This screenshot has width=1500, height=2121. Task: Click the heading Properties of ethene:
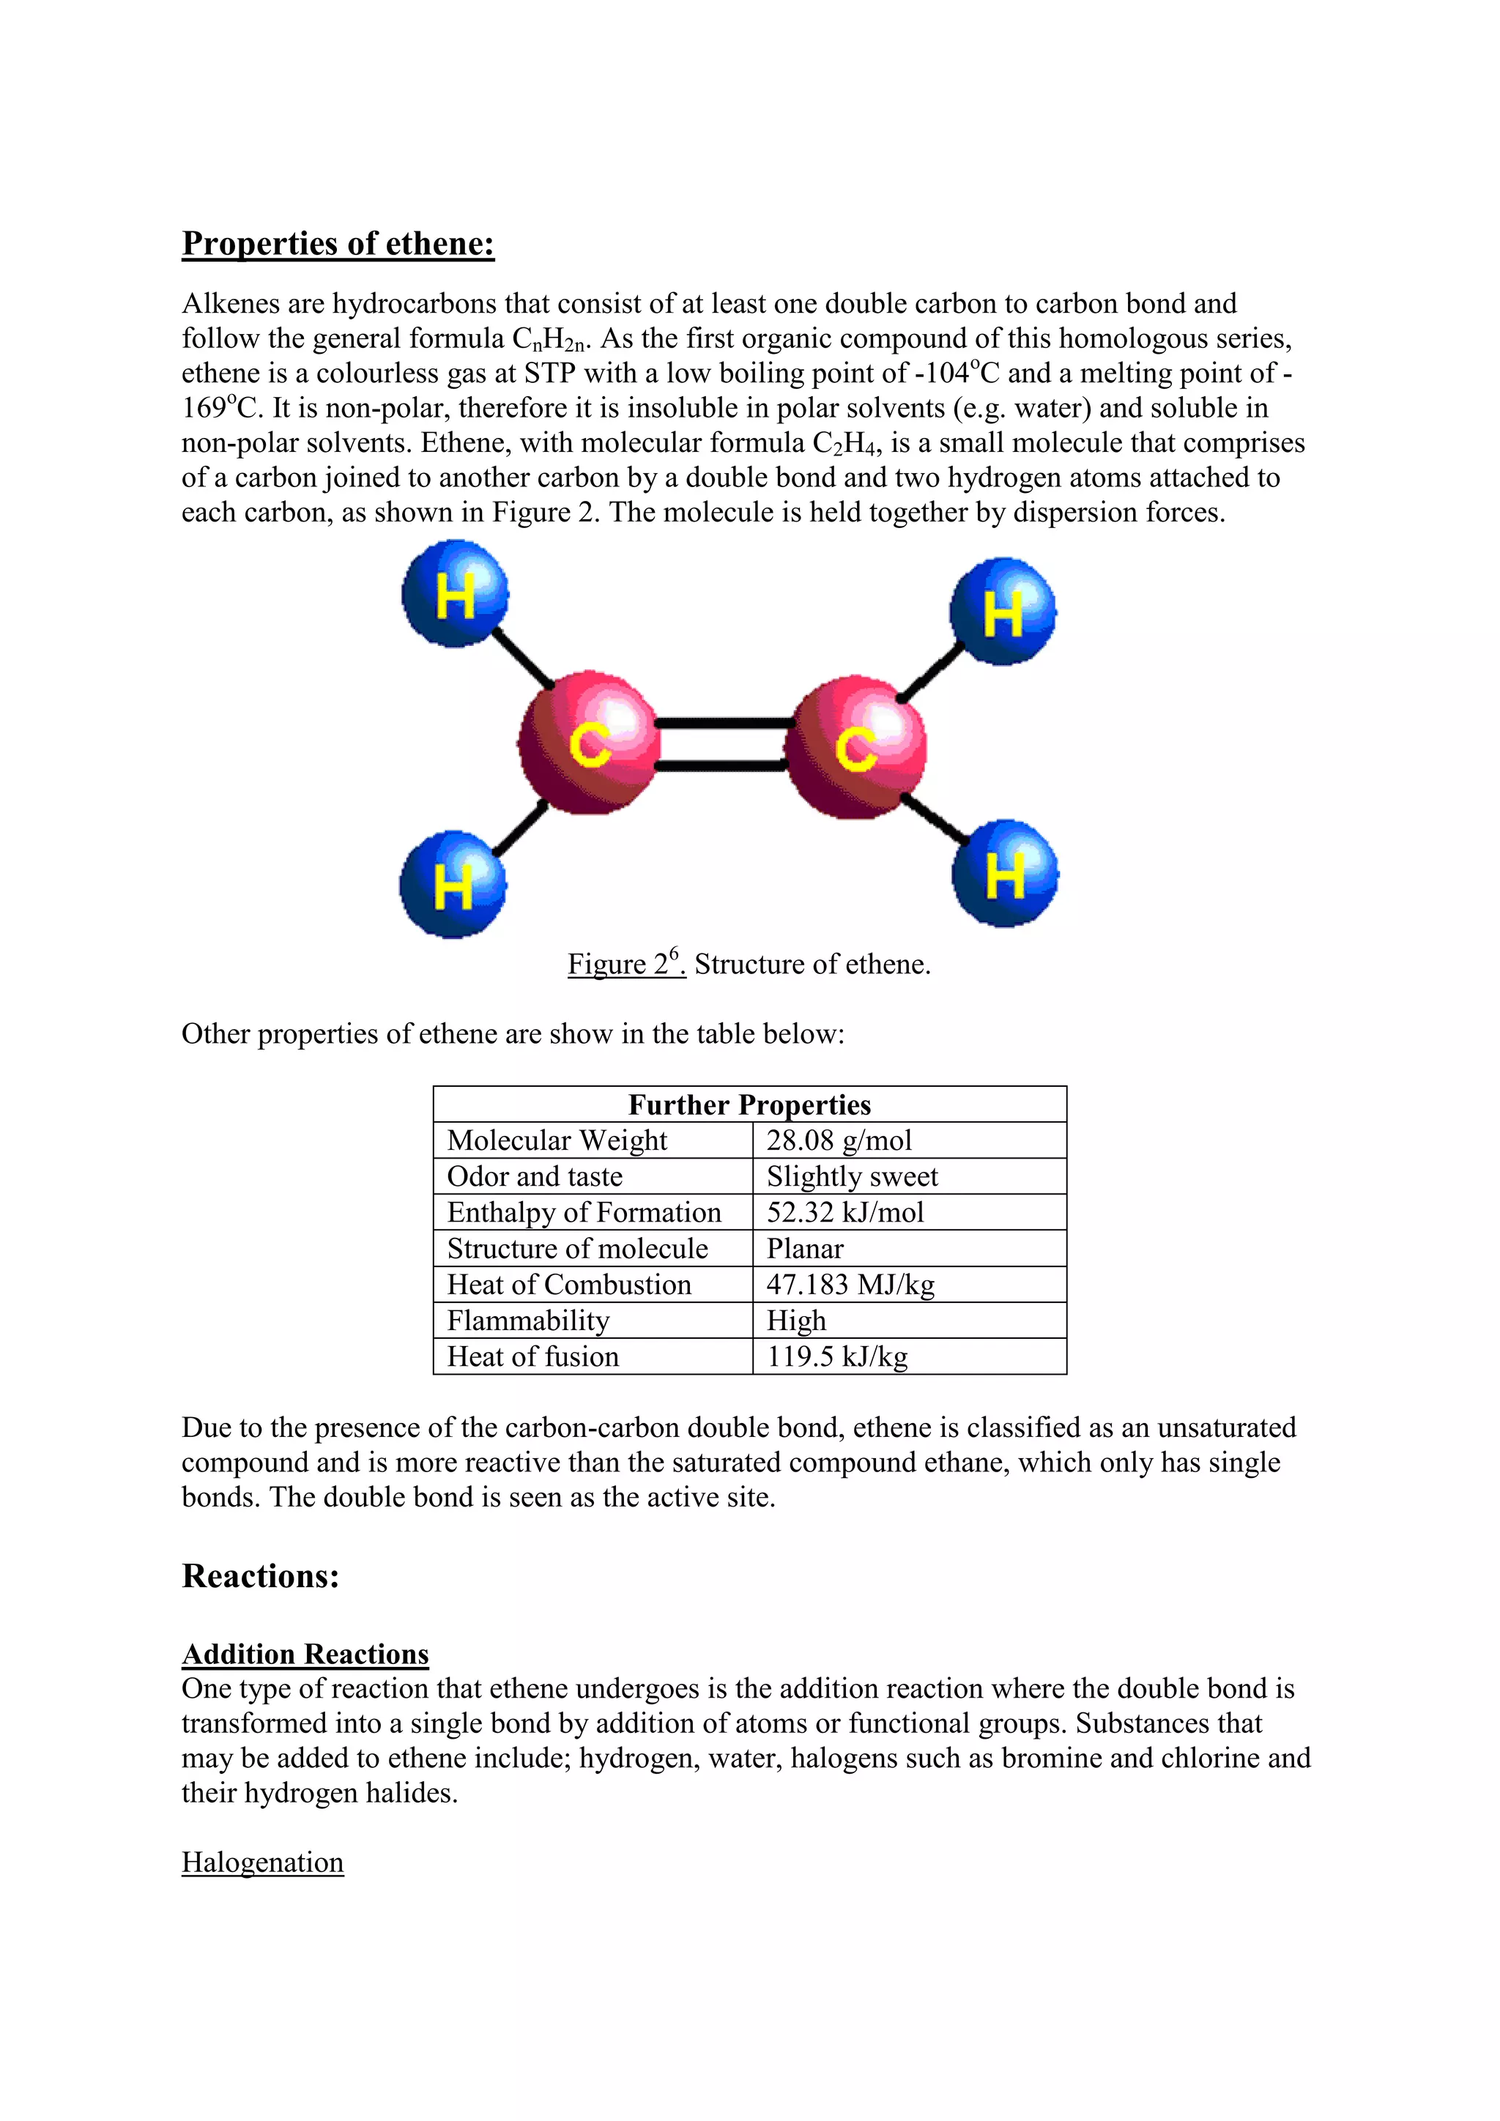pyautogui.click(x=338, y=244)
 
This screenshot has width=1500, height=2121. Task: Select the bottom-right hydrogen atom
pyautogui.click(x=1005, y=874)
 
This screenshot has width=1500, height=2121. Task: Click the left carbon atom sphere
pyautogui.click(x=588, y=745)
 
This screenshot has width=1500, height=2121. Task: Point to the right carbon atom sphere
pyautogui.click(x=855, y=746)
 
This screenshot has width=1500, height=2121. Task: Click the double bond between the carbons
pyautogui.click(x=722, y=745)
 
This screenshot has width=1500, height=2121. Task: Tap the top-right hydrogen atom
pyautogui.click(x=1003, y=612)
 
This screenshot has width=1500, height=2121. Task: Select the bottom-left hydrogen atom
pyautogui.click(x=453, y=885)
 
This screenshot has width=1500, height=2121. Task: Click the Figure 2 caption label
pyautogui.click(x=625, y=964)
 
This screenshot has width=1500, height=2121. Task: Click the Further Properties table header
pyautogui.click(x=749, y=1105)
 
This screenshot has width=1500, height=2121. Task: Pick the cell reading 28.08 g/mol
pyautogui.click(x=839, y=1141)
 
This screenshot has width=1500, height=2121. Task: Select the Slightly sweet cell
pyautogui.click(x=852, y=1177)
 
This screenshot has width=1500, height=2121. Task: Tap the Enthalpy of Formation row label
pyautogui.click(x=584, y=1213)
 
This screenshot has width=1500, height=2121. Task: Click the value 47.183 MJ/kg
pyautogui.click(x=850, y=1285)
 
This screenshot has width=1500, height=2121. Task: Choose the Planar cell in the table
pyautogui.click(x=804, y=1249)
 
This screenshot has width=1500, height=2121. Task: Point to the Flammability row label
pyautogui.click(x=528, y=1321)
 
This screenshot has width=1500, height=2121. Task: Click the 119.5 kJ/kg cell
pyautogui.click(x=837, y=1357)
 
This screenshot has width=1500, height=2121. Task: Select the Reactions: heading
pyautogui.click(x=261, y=1577)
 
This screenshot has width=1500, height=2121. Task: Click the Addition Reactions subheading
pyautogui.click(x=305, y=1654)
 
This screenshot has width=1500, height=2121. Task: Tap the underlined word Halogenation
pyautogui.click(x=262, y=1862)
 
